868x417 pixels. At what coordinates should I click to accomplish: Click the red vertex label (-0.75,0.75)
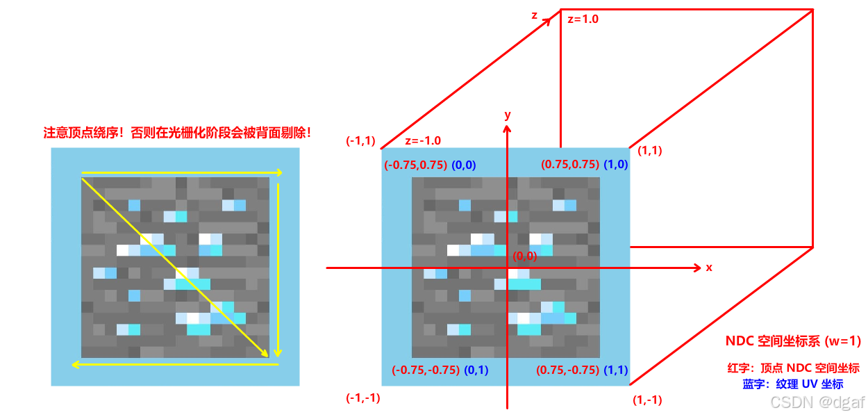(415, 165)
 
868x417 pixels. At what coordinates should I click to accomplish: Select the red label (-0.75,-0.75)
(425, 370)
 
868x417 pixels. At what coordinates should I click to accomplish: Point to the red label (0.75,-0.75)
(567, 370)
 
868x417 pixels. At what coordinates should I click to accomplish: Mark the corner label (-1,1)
(360, 141)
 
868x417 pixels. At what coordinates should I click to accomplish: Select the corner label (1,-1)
(647, 400)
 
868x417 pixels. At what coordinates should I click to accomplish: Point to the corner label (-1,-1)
(363, 398)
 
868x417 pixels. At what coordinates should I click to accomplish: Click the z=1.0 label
(583, 19)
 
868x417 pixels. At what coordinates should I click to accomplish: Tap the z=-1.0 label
(423, 140)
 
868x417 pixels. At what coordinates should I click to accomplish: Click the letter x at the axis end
(709, 267)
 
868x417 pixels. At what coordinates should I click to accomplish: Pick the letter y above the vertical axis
(508, 114)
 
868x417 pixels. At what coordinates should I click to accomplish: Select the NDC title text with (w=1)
(793, 341)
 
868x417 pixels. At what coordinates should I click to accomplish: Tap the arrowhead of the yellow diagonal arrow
(267, 355)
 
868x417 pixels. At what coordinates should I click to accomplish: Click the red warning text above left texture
(177, 133)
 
